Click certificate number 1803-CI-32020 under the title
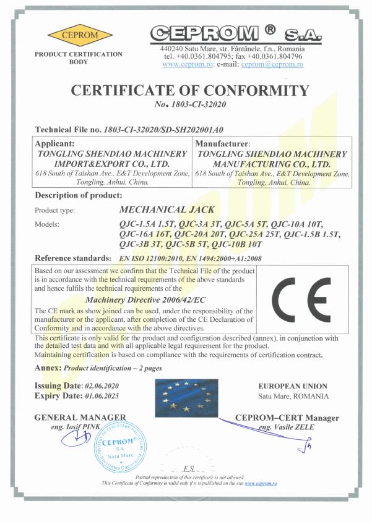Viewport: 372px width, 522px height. pos(199,105)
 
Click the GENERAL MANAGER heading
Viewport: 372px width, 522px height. pos(81,418)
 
